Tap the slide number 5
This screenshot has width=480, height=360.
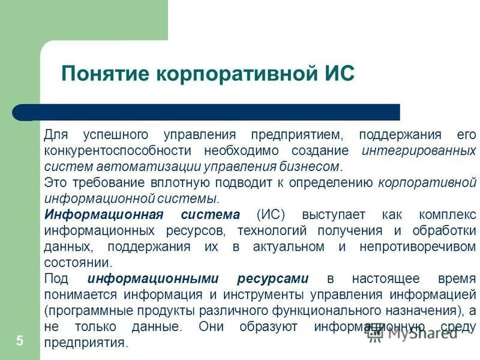click(20, 341)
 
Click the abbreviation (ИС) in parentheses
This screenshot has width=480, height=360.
click(270, 215)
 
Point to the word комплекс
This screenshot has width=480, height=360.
click(446, 215)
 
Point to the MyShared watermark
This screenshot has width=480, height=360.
click(420, 335)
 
